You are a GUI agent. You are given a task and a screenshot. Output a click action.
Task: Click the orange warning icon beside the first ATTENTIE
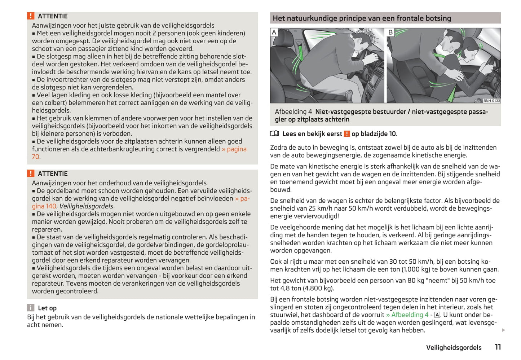31,16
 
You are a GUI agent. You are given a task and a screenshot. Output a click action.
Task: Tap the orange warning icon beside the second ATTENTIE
31,174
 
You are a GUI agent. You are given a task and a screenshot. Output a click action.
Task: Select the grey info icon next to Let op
31,308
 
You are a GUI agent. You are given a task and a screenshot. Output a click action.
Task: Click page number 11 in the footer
498,347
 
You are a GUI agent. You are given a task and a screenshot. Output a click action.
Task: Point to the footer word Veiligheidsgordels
454,347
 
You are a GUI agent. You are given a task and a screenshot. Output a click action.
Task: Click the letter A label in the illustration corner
274,32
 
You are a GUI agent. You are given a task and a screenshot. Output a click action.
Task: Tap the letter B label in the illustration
390,32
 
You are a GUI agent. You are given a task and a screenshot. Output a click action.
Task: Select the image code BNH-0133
491,101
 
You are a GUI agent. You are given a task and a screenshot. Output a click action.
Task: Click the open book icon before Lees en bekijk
275,134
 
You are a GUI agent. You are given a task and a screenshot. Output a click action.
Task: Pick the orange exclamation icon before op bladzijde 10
347,134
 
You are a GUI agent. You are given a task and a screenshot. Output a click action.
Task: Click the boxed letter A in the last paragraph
437,315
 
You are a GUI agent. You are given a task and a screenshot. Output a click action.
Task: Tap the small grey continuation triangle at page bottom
503,330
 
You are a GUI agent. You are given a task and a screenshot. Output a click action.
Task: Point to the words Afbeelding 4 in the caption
293,111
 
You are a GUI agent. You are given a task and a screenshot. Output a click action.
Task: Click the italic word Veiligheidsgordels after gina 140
87,206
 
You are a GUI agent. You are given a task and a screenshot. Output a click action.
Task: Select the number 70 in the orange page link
35,157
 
